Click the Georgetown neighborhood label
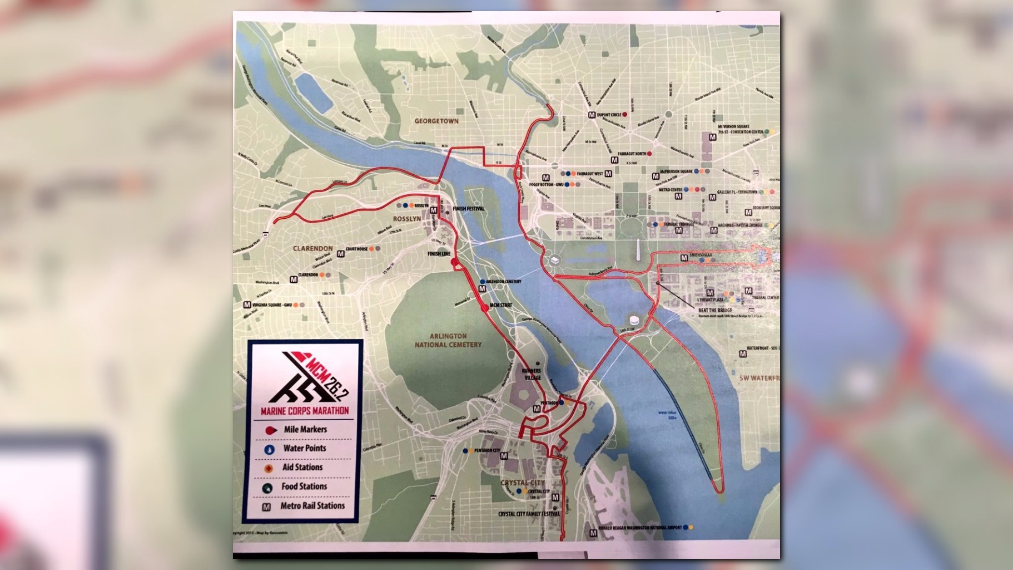click(x=436, y=121)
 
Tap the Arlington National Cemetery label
click(x=448, y=340)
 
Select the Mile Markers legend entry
click(x=305, y=429)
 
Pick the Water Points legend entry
click(x=305, y=448)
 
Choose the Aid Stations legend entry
click(x=302, y=467)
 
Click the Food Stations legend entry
click(x=304, y=486)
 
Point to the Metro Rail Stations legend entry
click(x=312, y=505)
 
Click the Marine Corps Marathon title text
click(x=305, y=411)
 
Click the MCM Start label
click(x=500, y=305)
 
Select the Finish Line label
click(x=439, y=254)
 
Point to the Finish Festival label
click(x=468, y=209)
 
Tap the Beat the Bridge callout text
click(x=715, y=310)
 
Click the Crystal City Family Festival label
click(x=529, y=514)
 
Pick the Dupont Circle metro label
click(x=608, y=115)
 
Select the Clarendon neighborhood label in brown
click(x=313, y=248)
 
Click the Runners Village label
click(x=531, y=374)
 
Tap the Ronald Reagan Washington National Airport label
click(x=639, y=527)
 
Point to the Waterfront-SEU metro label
click(x=761, y=348)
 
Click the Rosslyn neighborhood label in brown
click(x=407, y=219)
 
